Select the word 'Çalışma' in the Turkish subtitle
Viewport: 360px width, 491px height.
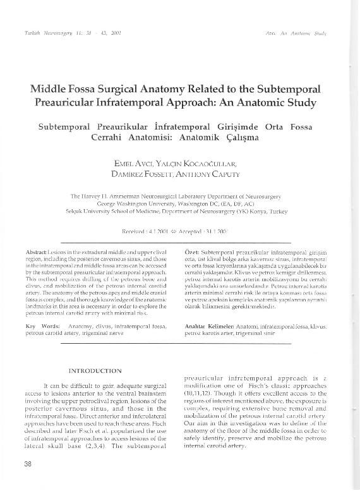coord(237,137)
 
